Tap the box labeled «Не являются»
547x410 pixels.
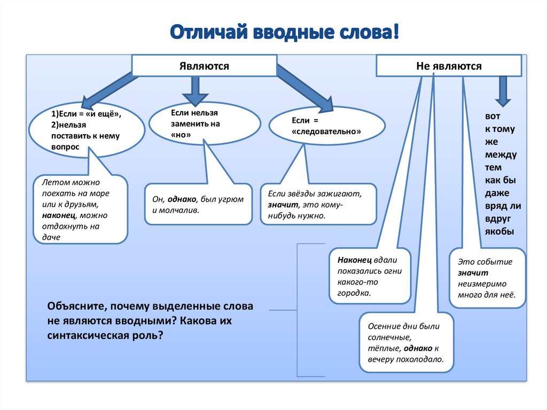(x=449, y=66)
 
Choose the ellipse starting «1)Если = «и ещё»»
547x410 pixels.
(x=87, y=130)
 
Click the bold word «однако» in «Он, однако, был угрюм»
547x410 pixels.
(x=182, y=199)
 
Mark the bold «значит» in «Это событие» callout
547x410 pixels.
(x=469, y=273)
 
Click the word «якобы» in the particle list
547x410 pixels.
(x=499, y=231)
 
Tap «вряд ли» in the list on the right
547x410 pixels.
(x=503, y=206)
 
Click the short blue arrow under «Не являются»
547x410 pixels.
(x=502, y=90)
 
